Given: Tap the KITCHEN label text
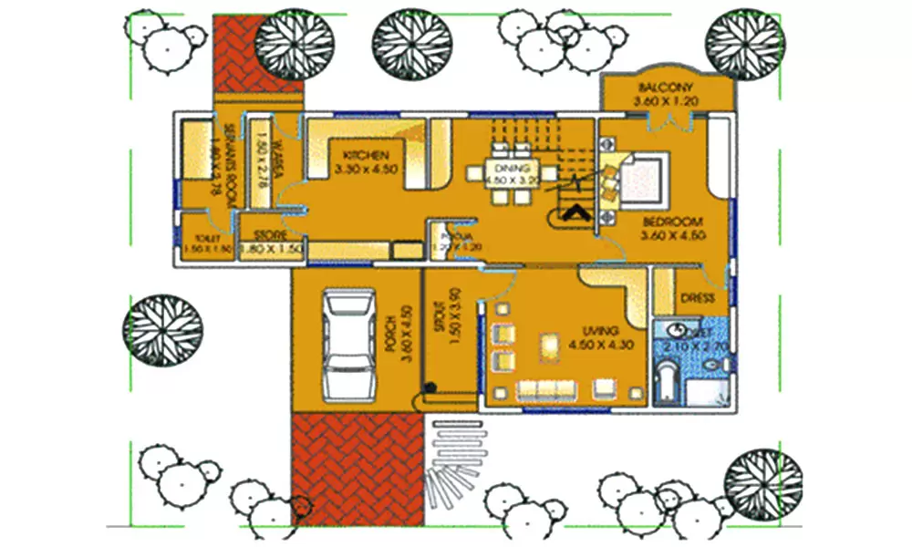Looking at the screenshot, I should click(361, 155).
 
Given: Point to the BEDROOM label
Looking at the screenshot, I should click(671, 222).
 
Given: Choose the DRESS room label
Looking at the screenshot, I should click(697, 299).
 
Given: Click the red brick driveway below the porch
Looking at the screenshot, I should click(358, 467).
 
